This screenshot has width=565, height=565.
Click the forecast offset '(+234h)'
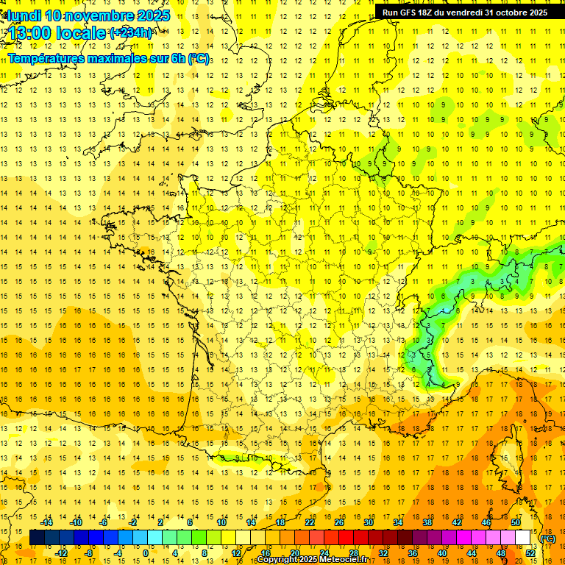tap(131, 32)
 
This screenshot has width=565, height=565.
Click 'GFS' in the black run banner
tap(410, 13)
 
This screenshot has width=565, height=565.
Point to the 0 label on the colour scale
tap(145, 553)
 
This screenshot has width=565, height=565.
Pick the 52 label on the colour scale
tap(530, 553)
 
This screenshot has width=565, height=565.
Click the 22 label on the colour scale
tap(310, 522)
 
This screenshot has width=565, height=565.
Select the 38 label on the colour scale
tap(427, 522)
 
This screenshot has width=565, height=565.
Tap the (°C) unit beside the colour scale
tap(548, 539)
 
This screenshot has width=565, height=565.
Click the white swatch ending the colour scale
tap(522, 538)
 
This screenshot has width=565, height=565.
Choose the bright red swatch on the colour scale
tap(346, 538)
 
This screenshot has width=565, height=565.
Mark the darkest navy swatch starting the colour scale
tap(37, 538)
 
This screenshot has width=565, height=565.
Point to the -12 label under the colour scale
tap(62, 553)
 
